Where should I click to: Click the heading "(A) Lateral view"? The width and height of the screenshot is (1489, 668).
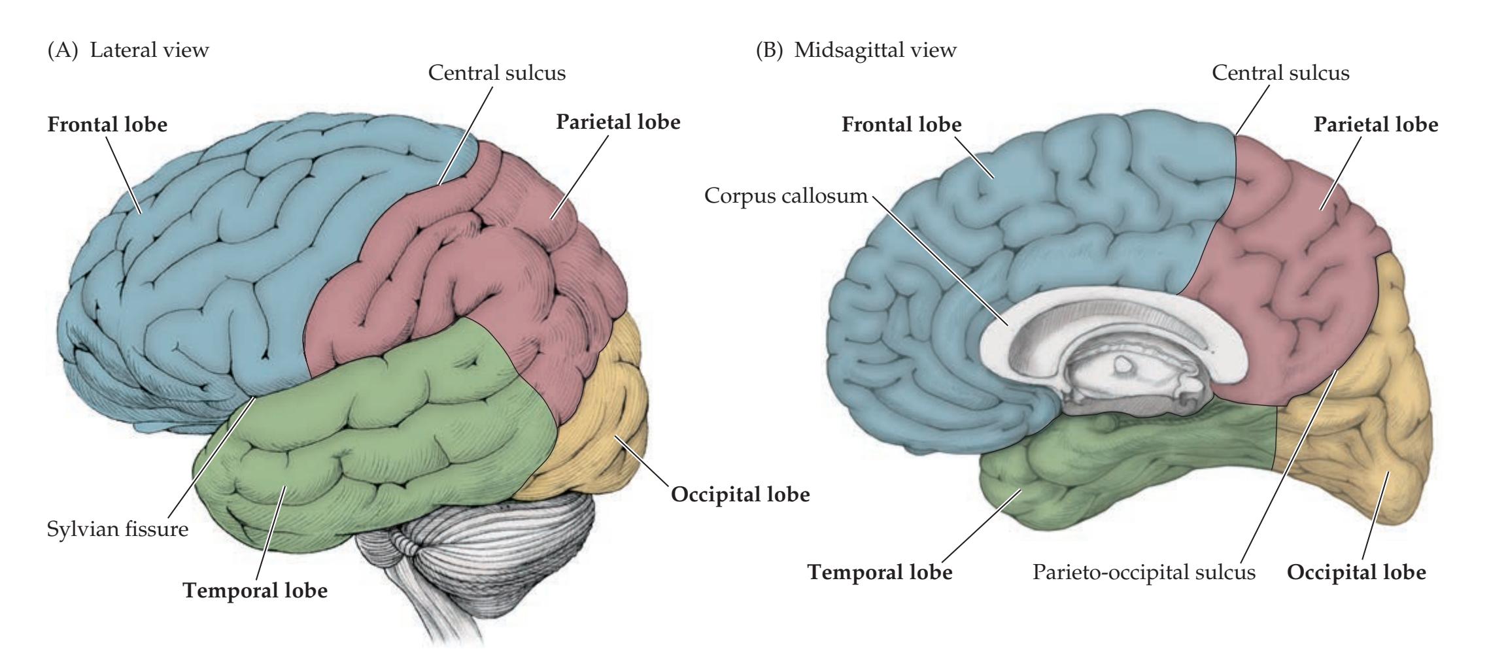[128, 50]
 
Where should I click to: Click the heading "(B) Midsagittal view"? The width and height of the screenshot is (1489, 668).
[856, 50]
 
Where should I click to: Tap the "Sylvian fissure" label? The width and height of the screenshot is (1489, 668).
[118, 528]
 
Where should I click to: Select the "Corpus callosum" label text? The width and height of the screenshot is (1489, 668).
[785, 195]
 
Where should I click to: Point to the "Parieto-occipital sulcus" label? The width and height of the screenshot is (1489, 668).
[1144, 572]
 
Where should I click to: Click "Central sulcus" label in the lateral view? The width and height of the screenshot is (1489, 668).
[497, 73]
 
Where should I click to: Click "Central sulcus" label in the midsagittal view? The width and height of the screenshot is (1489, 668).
[1280, 73]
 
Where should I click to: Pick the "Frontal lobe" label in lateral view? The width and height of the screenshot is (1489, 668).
[107, 124]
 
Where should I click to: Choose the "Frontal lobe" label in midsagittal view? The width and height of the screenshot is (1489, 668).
[901, 124]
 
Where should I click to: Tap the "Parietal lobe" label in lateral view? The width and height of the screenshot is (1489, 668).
[618, 122]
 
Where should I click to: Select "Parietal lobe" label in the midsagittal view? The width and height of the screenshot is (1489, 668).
[1376, 124]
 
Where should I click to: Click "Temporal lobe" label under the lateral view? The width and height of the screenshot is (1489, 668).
[255, 591]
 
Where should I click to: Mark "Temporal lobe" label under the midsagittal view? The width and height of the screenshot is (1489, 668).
[880, 573]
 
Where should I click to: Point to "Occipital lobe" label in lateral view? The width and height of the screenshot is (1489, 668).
[740, 495]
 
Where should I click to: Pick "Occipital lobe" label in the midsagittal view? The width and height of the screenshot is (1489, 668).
[1356, 573]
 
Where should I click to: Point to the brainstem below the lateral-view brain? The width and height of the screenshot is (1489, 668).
[432, 601]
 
